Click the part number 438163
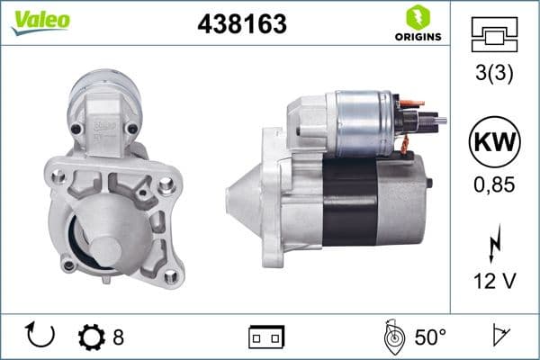click(x=241, y=26)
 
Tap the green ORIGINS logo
click(x=417, y=24)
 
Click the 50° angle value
click(x=429, y=337)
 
